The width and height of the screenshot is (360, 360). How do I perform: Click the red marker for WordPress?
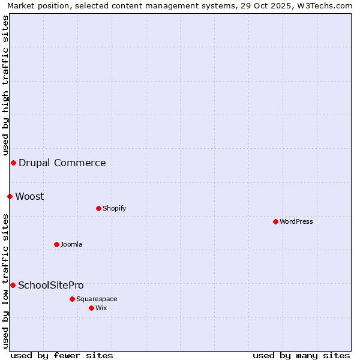pos(275,221)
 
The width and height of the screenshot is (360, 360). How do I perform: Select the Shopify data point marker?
pos(98,208)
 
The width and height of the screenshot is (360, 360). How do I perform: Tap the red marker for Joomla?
pos(56,244)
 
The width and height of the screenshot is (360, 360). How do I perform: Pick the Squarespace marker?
pos(72,299)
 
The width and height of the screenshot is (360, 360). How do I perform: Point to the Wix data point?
pos(91,308)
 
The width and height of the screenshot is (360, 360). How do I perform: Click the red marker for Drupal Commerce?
pos(13,163)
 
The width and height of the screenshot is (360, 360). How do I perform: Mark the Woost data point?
pos(10,196)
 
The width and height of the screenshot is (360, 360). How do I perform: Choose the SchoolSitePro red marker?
pos(13,285)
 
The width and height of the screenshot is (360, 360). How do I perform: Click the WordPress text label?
pos(296,221)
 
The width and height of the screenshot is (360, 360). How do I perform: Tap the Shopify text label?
pos(114,208)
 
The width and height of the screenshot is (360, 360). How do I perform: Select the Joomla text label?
pos(71,244)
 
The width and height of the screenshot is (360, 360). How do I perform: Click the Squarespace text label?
pos(97,299)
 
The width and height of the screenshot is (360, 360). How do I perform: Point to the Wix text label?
pos(101,308)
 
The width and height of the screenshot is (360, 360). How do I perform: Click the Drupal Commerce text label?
pos(62,163)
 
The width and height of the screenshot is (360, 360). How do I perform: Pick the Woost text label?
pos(29,196)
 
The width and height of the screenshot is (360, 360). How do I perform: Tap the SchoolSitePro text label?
pos(51,285)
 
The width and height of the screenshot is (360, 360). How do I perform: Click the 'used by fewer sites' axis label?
pos(62,355)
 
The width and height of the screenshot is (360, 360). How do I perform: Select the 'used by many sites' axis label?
pos(301,355)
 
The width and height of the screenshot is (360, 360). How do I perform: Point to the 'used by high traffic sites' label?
pos(5,84)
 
